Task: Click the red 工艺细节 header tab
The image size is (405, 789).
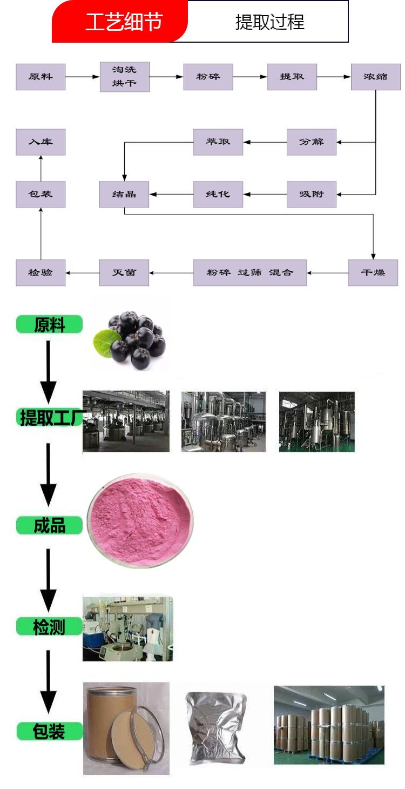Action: point(120,21)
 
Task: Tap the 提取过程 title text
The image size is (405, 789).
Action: point(269,22)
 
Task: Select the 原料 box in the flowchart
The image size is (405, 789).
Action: point(40,77)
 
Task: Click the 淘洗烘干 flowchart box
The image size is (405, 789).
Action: point(125,77)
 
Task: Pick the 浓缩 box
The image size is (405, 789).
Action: point(376,77)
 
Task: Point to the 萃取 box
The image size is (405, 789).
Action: point(218,142)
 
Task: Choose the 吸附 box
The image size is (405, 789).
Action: point(312,194)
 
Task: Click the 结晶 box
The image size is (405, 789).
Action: point(124,194)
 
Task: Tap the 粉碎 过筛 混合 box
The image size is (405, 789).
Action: point(250,272)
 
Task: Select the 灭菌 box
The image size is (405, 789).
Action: point(124,272)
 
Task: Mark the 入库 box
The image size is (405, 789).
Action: point(40,142)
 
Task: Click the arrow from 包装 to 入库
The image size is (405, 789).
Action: point(41,169)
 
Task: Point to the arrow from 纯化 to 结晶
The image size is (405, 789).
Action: point(171,194)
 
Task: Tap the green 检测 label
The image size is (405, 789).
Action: point(49,627)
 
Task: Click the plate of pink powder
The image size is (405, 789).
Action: point(140,520)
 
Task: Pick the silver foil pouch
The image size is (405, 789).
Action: point(215,728)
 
